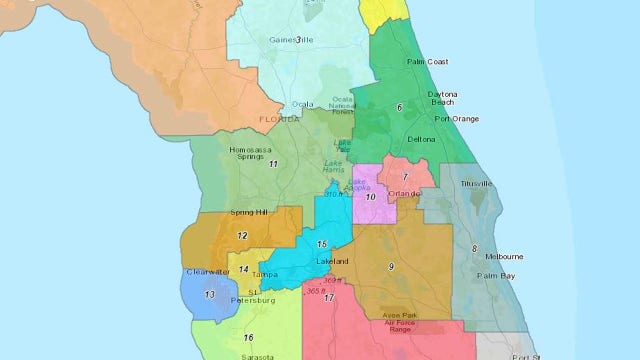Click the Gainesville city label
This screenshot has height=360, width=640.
[x=265, y=41]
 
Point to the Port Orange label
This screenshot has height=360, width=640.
[x=457, y=119]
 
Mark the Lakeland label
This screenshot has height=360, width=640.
[x=332, y=261]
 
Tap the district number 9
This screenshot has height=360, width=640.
[x=391, y=266]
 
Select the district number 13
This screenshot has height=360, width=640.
[x=209, y=295]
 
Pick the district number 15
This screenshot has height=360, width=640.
[x=321, y=244]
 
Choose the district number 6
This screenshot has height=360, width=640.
[x=400, y=106]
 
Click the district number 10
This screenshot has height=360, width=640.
[x=371, y=197]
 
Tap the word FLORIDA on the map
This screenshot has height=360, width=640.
[x=280, y=119]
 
